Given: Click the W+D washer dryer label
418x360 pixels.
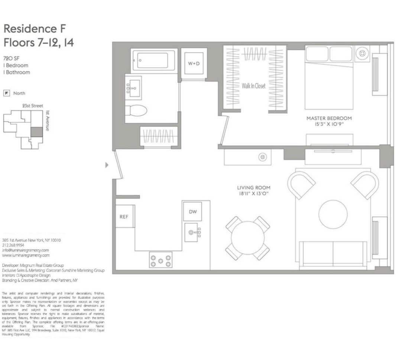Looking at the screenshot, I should [x=193, y=64].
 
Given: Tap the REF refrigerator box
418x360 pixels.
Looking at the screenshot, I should [x=124, y=216].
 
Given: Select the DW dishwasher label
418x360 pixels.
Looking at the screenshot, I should [x=193, y=212].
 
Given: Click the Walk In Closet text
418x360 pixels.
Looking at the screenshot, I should [x=254, y=86].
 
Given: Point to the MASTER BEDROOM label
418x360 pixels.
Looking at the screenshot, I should [x=329, y=118].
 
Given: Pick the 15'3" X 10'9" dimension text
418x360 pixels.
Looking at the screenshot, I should [x=329, y=124].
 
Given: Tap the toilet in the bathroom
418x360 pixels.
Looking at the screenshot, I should [x=136, y=110].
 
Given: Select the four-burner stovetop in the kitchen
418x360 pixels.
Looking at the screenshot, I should [x=161, y=259].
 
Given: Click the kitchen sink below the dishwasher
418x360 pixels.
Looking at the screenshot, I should [x=194, y=233].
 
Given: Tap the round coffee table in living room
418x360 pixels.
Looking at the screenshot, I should [x=333, y=214].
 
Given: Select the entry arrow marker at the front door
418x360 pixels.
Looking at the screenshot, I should [x=107, y=165].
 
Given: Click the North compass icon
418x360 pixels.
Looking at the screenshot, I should [x=6, y=93].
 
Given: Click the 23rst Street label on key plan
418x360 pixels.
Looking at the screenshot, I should [x=33, y=106].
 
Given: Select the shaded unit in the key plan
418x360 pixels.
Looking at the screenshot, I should [x=36, y=132].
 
